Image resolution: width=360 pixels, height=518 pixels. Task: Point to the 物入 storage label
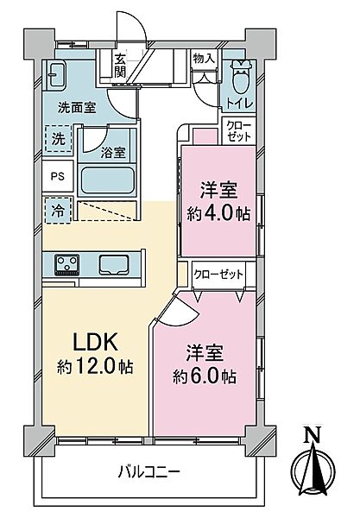coord(204,59)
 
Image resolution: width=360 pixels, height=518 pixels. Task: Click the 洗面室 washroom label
coord(76,108)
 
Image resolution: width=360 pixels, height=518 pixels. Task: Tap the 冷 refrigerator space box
coord(56,210)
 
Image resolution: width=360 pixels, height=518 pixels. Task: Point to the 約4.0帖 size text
coord(219,212)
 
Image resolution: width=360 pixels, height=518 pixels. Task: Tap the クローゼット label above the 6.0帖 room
coord(218,275)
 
